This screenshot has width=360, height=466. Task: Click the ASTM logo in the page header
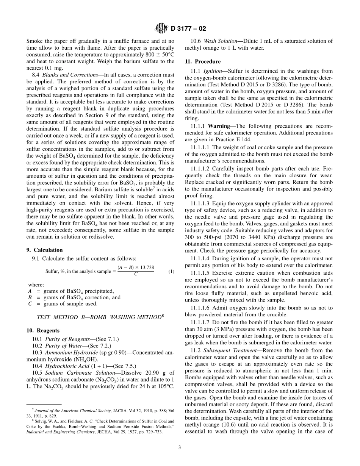[x=162, y=28]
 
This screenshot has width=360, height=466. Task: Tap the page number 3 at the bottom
[x=180, y=447]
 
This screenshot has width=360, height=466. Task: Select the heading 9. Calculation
[x=48, y=250]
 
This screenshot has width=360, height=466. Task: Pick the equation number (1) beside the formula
[x=171, y=272]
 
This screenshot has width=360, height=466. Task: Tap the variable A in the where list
[x=30, y=291]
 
